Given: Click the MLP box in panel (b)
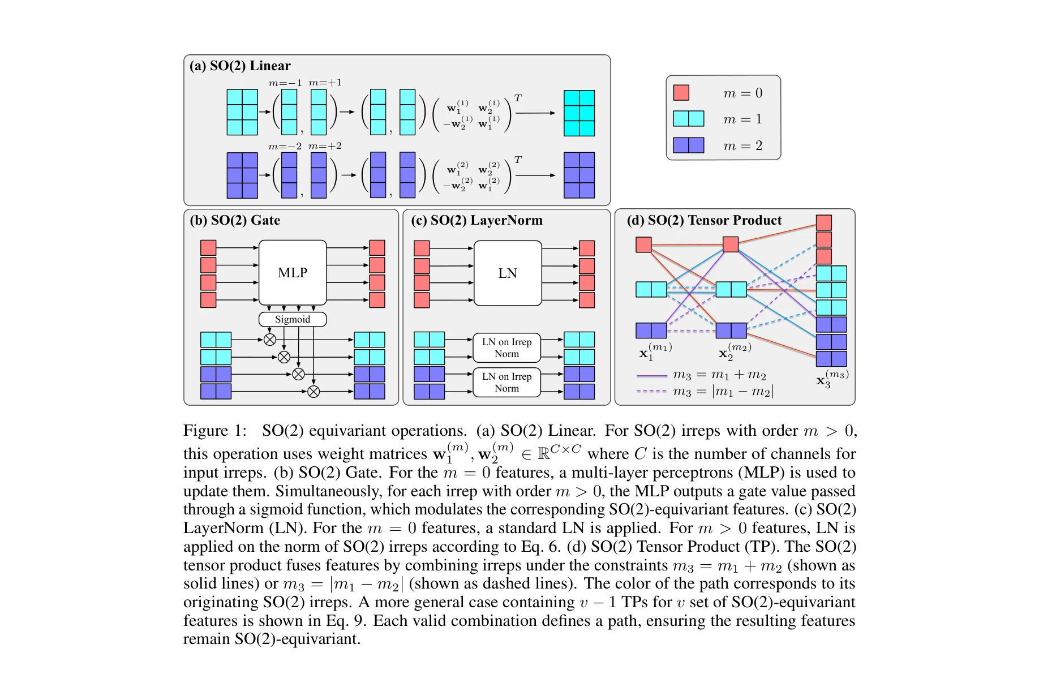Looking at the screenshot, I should point(293,273).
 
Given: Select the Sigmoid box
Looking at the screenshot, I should point(293,319).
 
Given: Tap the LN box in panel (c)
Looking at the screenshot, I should point(508,273).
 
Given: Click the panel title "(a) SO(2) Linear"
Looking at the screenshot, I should point(241,66).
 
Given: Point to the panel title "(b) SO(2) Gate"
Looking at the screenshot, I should point(235,220).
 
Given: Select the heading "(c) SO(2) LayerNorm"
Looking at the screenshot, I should point(476,220).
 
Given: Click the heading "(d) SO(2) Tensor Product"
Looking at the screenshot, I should point(704,220).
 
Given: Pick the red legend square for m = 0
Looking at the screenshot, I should point(681,93).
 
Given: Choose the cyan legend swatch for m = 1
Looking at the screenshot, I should point(688,119).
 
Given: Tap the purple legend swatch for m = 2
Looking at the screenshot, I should point(688,145).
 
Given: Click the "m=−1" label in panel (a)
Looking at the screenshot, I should point(285,83).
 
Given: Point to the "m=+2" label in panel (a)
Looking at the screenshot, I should point(325,146).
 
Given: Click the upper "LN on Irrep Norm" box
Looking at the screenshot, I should point(506,348).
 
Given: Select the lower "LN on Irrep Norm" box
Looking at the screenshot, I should point(506,383).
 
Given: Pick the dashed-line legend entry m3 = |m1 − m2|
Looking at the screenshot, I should point(705,391).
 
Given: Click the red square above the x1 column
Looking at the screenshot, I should point(643,244).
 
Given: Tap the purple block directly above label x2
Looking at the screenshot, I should point(731,330).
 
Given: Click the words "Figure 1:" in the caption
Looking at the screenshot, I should point(215,431).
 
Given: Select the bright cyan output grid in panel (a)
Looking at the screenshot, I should point(579,113).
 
